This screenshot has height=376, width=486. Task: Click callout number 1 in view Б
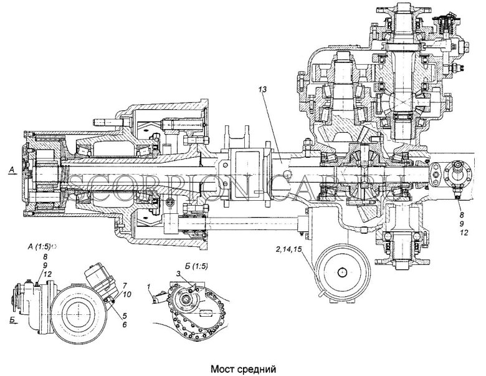(150, 286)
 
